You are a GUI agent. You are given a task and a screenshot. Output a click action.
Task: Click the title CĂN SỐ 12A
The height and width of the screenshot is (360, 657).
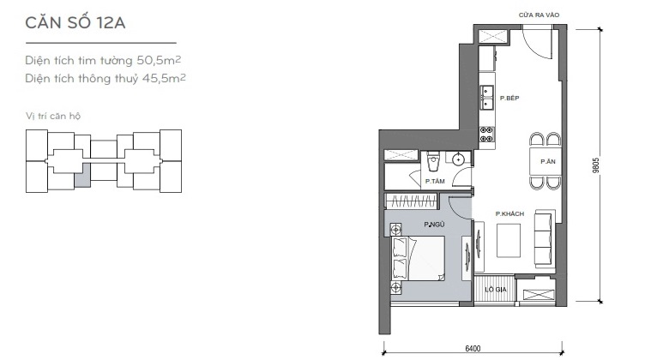tap(75, 22)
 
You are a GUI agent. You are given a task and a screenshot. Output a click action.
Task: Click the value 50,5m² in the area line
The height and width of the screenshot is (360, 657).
tap(160, 60)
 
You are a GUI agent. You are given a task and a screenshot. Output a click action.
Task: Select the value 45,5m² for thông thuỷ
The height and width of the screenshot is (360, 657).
tap(164, 78)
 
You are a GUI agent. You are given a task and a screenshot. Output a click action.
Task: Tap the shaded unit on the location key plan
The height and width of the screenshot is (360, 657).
tap(82, 175)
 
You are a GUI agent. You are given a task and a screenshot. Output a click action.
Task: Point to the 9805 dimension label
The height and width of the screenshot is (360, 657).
tap(596, 165)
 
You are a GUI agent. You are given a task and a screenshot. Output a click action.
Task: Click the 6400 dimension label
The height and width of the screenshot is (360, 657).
tap(473, 348)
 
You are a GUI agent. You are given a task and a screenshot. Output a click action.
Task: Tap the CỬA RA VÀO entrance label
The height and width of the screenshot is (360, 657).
tap(539, 15)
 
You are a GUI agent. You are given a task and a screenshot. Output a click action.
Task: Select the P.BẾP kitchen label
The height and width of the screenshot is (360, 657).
tap(509, 98)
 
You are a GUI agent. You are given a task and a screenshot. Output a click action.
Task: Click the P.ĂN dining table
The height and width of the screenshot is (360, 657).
tap(545, 161)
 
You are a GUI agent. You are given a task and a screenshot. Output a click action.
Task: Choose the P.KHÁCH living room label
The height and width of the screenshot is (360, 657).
tap(509, 213)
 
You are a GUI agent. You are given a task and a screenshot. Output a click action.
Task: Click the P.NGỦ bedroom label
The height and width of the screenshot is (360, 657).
tap(434, 225)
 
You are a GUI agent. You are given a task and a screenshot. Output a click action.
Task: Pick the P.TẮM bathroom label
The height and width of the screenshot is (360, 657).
tap(435, 181)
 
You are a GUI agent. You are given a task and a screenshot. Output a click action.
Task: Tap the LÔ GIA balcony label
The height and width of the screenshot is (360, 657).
tap(496, 289)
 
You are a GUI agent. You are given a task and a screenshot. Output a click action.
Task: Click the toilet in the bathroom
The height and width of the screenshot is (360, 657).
tap(433, 162)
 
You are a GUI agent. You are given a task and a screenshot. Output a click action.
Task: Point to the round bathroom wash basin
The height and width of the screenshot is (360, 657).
tap(459, 159)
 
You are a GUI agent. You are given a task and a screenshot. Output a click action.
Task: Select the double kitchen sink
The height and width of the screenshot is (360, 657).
tap(487, 98)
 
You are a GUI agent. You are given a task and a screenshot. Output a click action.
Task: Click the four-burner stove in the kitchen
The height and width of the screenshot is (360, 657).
tap(486, 134)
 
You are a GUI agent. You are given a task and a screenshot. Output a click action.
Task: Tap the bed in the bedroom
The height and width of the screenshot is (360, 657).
tap(418, 258)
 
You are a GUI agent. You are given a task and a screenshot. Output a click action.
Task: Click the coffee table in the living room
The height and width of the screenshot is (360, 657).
tap(509, 240)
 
